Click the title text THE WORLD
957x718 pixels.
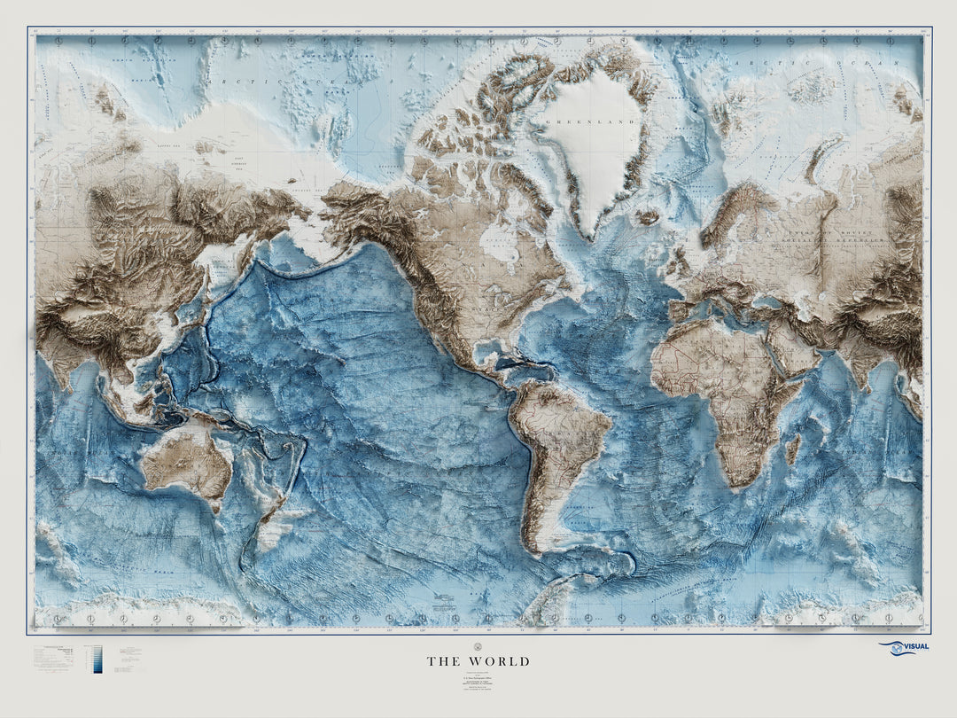[478, 661]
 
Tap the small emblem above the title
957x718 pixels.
[478, 645]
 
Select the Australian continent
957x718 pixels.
[188, 465]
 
